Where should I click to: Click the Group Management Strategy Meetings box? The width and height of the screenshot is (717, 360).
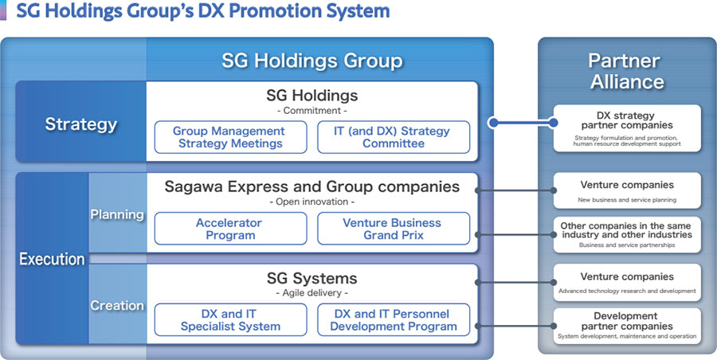(x=230, y=137)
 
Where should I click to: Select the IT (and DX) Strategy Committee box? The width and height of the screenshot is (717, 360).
(x=394, y=137)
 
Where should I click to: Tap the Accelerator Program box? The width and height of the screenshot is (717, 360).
(x=230, y=229)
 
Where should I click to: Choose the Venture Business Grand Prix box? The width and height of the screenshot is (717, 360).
(x=394, y=229)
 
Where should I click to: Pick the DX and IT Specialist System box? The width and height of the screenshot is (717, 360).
(x=230, y=319)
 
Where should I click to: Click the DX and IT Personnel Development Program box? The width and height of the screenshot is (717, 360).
(x=394, y=319)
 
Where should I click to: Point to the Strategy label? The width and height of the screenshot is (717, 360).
(x=81, y=124)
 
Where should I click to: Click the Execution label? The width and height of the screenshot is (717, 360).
(x=52, y=260)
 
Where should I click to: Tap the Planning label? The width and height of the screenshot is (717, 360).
(x=117, y=214)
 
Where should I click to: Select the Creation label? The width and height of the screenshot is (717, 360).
(x=117, y=305)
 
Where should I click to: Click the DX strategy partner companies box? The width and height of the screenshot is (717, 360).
(x=627, y=128)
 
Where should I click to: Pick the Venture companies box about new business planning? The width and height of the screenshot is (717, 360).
(x=627, y=190)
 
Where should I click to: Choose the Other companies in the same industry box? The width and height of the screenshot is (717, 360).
(x=627, y=235)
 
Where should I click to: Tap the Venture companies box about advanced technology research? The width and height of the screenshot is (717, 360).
(x=627, y=282)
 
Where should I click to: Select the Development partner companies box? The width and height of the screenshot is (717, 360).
(x=627, y=326)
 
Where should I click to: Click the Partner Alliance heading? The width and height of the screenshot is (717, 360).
(x=627, y=71)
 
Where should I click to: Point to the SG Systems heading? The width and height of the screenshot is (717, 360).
(x=311, y=278)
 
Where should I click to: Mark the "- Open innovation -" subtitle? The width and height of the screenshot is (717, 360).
(x=312, y=202)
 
